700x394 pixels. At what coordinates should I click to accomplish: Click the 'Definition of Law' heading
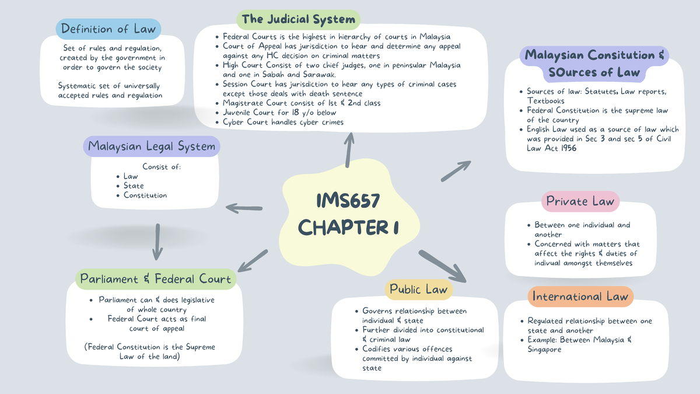[108, 29]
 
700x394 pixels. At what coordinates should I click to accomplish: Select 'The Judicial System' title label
[298, 19]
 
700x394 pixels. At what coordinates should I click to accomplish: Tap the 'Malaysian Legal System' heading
[152, 147]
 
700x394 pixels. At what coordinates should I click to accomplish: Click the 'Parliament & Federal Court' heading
[156, 279]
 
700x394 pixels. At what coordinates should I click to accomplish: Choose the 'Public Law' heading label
[418, 290]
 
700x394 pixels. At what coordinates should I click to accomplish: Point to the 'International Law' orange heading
[580, 297]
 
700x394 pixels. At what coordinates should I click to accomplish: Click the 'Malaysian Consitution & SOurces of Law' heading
[594, 64]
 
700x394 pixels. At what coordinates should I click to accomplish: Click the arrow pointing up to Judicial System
[349, 149]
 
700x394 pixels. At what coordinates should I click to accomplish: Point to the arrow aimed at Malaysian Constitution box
[456, 171]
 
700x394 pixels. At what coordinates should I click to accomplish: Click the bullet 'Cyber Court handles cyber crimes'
[283, 122]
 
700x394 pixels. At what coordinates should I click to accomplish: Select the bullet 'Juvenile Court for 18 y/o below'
[279, 113]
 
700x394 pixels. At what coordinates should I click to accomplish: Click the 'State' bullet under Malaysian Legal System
[134, 186]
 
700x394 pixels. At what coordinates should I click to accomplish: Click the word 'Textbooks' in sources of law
[545, 101]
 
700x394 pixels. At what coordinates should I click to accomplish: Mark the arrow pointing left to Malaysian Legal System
[244, 207]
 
